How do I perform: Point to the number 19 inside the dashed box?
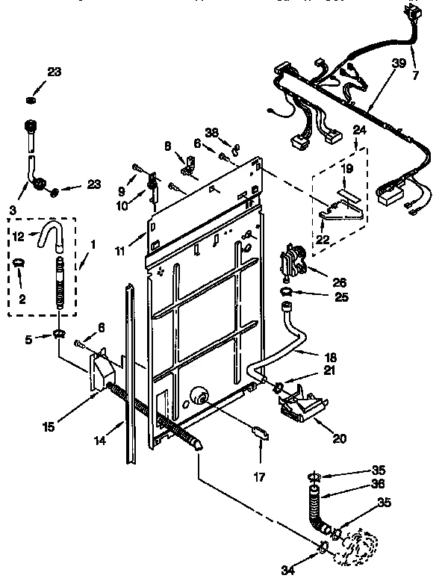[346, 169]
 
